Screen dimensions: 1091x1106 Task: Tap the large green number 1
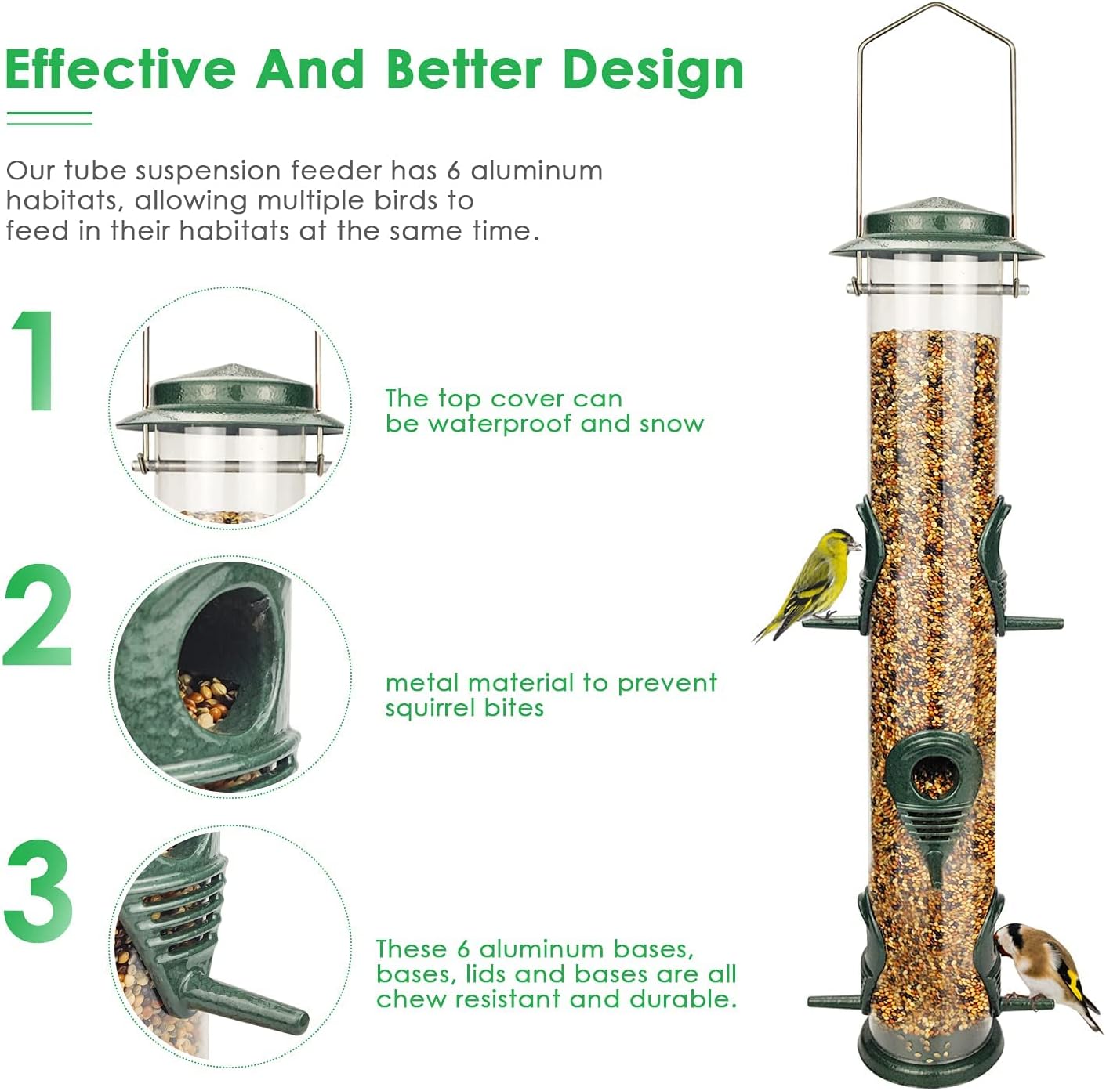click(x=35, y=360)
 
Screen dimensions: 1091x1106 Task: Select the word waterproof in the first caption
click(x=501, y=424)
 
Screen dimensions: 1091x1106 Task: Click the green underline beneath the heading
click(x=49, y=118)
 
